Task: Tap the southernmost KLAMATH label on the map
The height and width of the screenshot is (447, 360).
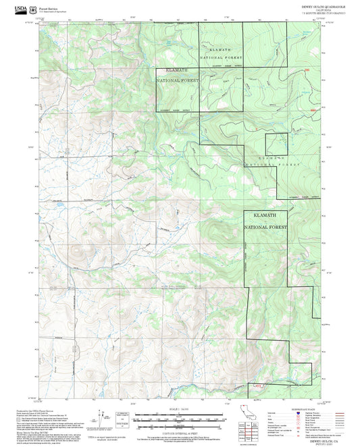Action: (265, 215)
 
